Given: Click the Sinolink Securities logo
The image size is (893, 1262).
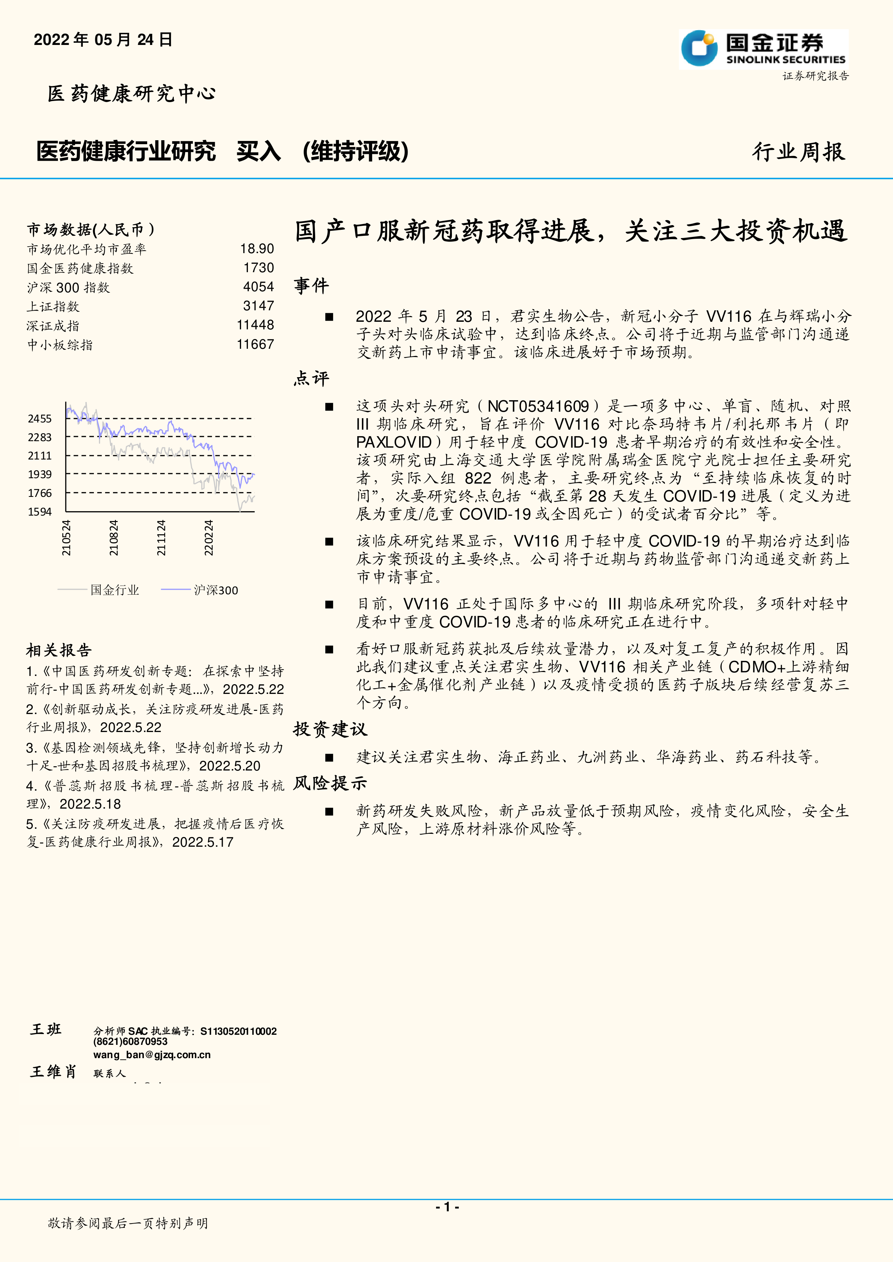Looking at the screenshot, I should (763, 49).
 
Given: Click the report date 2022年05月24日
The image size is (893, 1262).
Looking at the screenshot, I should (103, 40).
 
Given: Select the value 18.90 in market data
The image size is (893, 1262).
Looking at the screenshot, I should (257, 249).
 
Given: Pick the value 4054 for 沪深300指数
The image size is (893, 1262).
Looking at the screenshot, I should (258, 287).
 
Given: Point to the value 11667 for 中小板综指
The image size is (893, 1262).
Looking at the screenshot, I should (255, 345).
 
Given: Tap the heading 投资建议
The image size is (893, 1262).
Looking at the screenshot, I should (330, 730).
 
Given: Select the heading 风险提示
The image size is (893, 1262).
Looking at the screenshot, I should (330, 783).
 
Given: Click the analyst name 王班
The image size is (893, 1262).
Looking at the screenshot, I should (46, 1029).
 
